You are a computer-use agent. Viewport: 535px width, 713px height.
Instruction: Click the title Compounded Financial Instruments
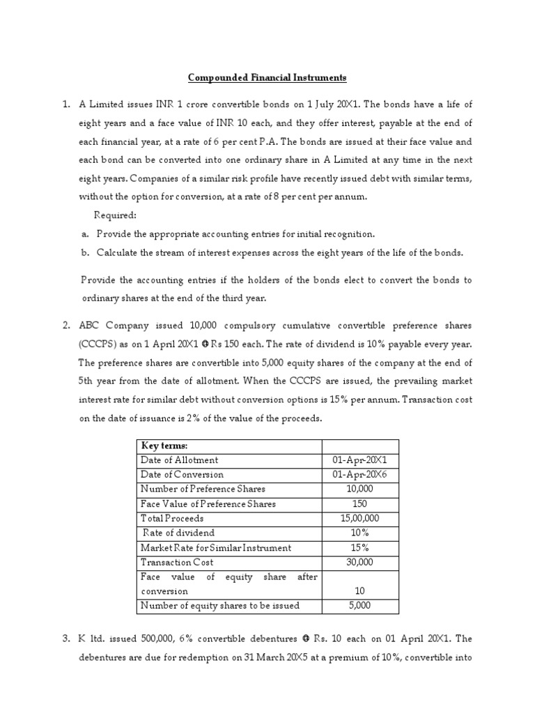[267, 77]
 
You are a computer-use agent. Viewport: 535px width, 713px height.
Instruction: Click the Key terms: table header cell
[166, 446]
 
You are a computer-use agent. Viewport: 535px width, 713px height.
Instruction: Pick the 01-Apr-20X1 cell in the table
[360, 460]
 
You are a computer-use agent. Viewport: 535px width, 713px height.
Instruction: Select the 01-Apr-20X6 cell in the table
[360, 474]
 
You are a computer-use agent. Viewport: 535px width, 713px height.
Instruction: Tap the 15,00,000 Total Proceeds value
[360, 518]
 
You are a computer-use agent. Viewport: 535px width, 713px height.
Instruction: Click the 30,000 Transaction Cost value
[360, 562]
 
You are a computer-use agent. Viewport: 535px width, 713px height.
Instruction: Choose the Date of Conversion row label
[183, 474]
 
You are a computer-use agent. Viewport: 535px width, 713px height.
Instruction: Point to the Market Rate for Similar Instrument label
[216, 547]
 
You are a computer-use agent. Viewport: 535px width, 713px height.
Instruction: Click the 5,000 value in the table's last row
[360, 605]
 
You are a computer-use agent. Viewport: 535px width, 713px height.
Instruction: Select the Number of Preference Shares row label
[203, 489]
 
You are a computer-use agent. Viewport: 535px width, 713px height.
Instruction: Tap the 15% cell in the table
[360, 547]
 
